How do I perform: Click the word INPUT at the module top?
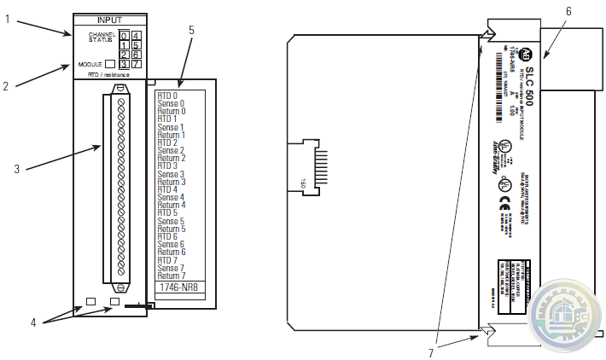pos(109,19)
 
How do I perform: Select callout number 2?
pos(6,85)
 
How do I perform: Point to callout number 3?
pos(16,168)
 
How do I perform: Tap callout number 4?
pos(32,322)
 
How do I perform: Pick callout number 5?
pos(191,30)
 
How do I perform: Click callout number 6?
pos(568,10)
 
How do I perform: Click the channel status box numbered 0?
pos(124,36)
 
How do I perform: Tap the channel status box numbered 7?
pos(137,64)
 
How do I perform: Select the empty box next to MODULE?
pos(110,64)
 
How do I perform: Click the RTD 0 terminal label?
pos(167,96)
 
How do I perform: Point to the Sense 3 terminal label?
pos(171,174)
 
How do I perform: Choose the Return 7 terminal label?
pos(172,276)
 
